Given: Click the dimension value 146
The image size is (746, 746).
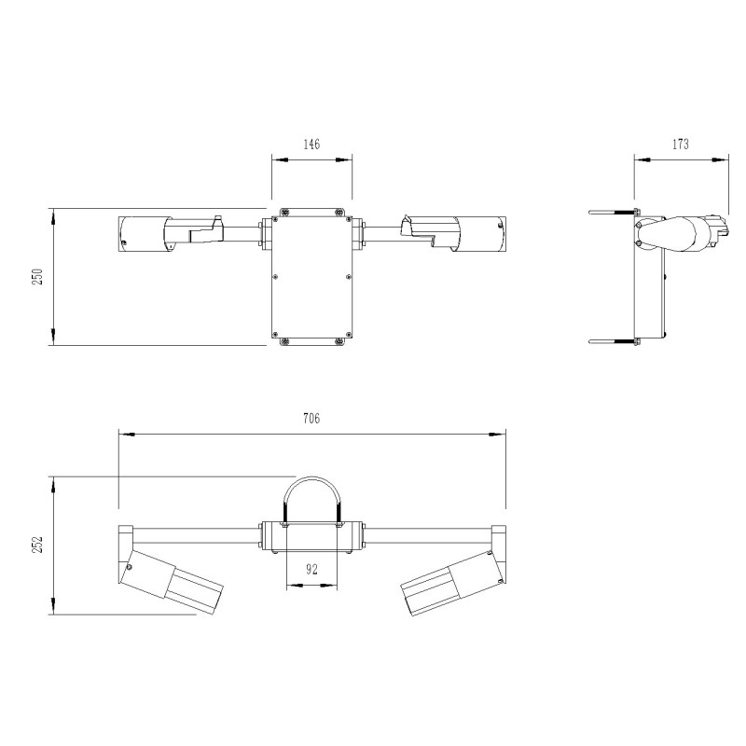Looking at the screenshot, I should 311,145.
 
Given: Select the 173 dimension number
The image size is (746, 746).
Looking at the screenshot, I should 680,145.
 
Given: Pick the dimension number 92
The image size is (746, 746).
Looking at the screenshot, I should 311,569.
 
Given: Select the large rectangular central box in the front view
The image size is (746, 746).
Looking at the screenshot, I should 311,277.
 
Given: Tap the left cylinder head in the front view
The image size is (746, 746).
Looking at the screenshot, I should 142,234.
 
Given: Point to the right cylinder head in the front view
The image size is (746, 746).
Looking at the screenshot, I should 481,234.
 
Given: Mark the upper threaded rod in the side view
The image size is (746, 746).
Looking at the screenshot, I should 611,213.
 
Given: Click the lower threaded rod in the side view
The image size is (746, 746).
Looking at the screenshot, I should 611,342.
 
